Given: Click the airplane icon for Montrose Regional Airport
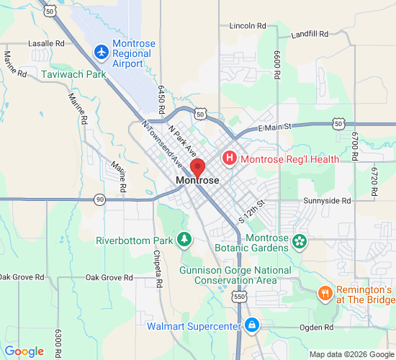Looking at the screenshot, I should (102, 53).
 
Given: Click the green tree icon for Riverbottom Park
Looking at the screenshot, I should (185, 238).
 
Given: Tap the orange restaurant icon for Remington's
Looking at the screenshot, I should (325, 294).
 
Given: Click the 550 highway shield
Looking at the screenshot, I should (239, 296).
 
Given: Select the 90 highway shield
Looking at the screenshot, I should (99, 199).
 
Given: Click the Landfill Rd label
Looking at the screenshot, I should (310, 34).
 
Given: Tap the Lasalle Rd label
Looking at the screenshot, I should (46, 43).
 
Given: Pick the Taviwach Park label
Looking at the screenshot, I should (73, 73).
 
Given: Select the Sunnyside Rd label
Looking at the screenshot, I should (327, 201).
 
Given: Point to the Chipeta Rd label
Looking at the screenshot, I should (156, 266).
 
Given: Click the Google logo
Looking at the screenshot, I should (24, 351).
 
